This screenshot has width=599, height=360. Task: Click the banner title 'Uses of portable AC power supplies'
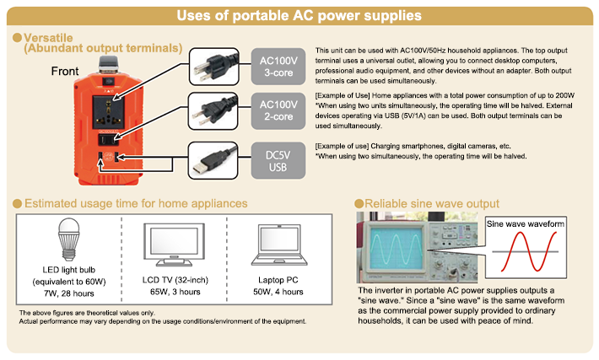(x=299, y=16)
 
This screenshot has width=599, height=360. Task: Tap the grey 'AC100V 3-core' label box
(x=278, y=67)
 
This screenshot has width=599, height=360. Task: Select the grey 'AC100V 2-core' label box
(x=278, y=110)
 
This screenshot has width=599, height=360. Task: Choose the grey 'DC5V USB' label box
(x=278, y=161)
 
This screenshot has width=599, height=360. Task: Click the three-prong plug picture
(x=214, y=67)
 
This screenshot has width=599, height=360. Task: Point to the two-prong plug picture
(x=213, y=110)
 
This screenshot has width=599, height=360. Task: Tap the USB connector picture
(x=213, y=161)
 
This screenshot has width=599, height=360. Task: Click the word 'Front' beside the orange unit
(x=65, y=71)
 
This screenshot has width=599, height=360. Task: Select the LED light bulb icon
(x=69, y=239)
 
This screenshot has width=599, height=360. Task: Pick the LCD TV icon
(x=174, y=244)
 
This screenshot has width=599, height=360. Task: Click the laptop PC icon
(x=279, y=244)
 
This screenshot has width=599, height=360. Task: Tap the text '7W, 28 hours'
(x=69, y=293)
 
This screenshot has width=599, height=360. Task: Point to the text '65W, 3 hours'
(x=175, y=292)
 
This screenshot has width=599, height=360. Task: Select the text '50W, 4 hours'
(x=278, y=292)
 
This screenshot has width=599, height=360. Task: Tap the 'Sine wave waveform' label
(x=526, y=224)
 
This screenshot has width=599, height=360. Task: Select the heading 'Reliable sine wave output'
(x=432, y=203)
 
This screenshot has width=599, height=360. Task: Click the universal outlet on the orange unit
(x=109, y=112)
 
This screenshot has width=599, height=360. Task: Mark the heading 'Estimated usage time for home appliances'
(x=136, y=203)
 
